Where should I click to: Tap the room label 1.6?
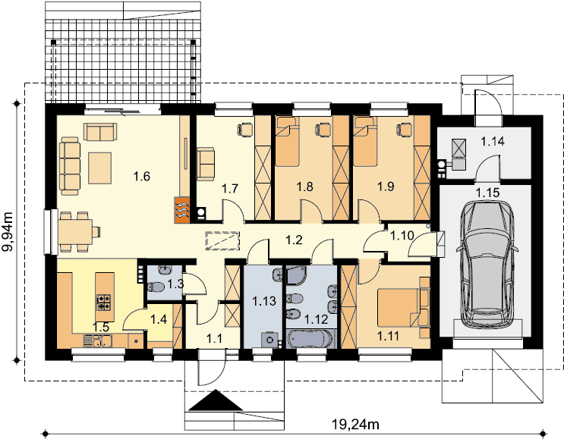click(141, 177)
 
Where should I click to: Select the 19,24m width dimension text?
click(355, 425)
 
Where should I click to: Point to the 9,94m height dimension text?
click(8, 232)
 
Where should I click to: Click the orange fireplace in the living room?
click(182, 210)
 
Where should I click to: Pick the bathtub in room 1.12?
click(310, 340)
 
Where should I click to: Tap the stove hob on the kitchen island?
click(105, 302)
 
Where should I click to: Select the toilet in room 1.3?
click(156, 287)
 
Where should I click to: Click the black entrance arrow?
click(216, 400)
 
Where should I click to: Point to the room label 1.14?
click(493, 141)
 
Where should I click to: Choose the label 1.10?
click(402, 236)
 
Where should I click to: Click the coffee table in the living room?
click(99, 168)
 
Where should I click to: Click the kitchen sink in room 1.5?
click(98, 341)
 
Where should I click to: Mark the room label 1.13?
click(264, 301)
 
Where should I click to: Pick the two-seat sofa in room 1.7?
click(206, 163)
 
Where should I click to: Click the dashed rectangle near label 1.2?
click(222, 240)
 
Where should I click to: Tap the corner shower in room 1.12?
click(296, 274)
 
